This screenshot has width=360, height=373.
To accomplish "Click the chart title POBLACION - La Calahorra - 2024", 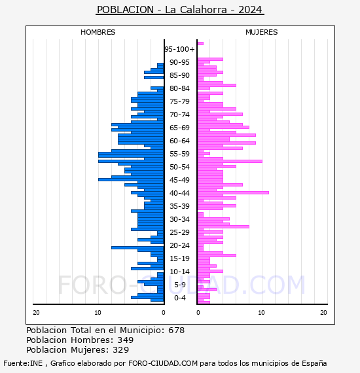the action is tap(179, 10).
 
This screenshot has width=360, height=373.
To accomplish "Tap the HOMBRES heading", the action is tap(98, 32).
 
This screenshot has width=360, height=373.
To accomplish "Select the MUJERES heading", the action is tap(262, 32).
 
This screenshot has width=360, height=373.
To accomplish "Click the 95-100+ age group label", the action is tap(179, 49).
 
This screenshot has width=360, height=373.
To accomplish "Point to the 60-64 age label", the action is tap(179, 141).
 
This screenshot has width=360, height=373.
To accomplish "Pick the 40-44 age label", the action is tap(179, 193).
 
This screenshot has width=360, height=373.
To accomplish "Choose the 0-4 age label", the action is tap(179, 298).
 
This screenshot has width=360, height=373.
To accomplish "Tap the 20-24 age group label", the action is tap(179, 245).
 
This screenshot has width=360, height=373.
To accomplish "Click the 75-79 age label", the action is tap(179, 101).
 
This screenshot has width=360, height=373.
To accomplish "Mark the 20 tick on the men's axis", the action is tap(36, 313).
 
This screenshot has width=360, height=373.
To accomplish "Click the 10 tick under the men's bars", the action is tap(98, 313).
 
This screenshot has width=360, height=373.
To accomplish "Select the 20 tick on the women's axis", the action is tap(323, 313).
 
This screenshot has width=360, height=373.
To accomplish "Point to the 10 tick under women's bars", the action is tap(262, 313).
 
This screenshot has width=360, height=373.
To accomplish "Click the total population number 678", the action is tap(176, 330).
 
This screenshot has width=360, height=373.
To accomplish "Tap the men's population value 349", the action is tap(126, 340).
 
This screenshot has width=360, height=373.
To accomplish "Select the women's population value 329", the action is tap(120, 350).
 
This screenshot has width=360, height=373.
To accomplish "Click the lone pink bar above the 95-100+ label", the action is tap(200, 44).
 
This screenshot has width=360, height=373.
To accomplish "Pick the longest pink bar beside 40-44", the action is tap(233, 192).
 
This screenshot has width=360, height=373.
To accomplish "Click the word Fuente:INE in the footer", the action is tap(23, 363).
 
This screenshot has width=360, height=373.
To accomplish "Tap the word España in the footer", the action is tap(314, 364).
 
